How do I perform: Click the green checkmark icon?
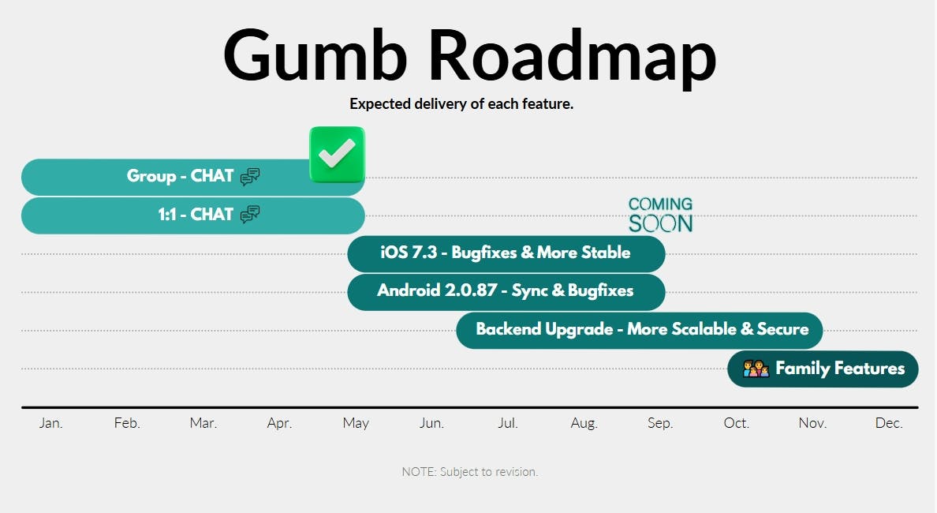pyautogui.click(x=337, y=154)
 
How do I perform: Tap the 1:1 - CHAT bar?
pyautogui.click(x=193, y=215)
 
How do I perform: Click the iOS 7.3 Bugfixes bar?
pyautogui.click(x=506, y=253)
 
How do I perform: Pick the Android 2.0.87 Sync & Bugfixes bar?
pyautogui.click(x=506, y=292)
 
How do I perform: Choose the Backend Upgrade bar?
pyautogui.click(x=640, y=330)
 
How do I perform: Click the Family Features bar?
pyautogui.click(x=823, y=369)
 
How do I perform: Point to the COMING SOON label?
pyautogui.click(x=660, y=215)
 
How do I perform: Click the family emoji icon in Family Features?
pyautogui.click(x=756, y=369)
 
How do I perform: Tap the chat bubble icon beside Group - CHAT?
pyautogui.click(x=250, y=176)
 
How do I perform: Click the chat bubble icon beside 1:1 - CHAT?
pyautogui.click(x=250, y=215)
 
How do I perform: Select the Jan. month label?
pyautogui.click(x=50, y=423)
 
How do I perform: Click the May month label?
pyautogui.click(x=356, y=423)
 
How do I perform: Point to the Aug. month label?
pyautogui.click(x=584, y=423)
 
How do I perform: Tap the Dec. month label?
pyautogui.click(x=889, y=423)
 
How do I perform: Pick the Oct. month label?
pyautogui.click(x=736, y=423)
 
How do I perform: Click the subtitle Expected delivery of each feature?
pyautogui.click(x=461, y=104)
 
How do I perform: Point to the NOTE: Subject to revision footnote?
pyautogui.click(x=470, y=472)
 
